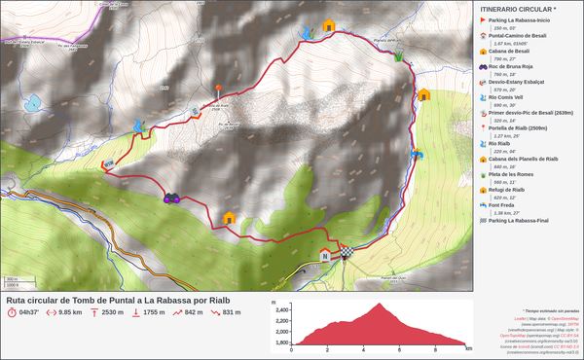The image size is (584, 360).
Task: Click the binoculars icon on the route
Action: click(172, 198)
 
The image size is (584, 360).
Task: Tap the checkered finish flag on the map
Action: click(346, 255)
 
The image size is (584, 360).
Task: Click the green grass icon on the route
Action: click(399, 57)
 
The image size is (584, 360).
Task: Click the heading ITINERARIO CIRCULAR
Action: click(519, 9)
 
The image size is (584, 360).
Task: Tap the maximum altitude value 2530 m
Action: click(113, 312)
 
